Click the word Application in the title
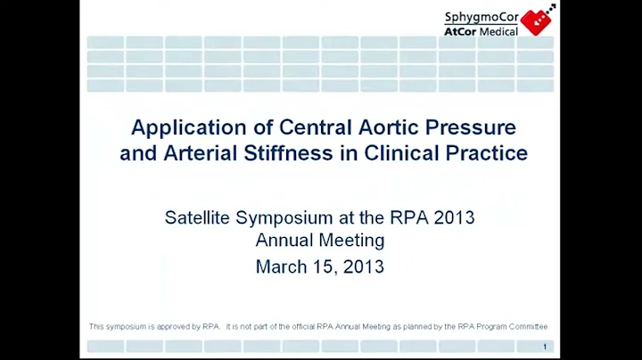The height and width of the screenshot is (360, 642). click(x=177, y=127)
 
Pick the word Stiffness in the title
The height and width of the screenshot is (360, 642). click(x=284, y=152)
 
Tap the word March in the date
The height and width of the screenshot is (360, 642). click(x=281, y=266)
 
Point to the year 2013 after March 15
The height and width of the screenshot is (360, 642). click(x=364, y=266)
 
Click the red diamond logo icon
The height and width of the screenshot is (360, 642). click(x=537, y=21)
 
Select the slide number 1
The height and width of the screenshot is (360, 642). click(x=544, y=346)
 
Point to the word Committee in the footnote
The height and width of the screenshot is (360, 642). click(x=527, y=326)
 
